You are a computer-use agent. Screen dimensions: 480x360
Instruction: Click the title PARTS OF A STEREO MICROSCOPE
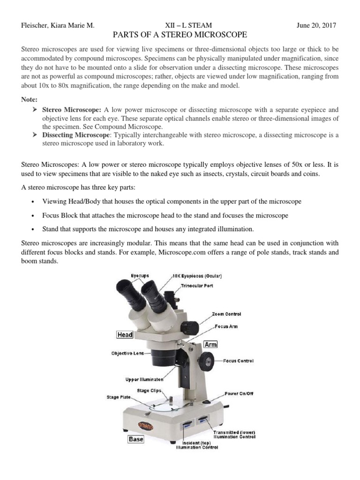pos(180,35)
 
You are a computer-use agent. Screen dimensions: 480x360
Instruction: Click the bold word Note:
pos(30,100)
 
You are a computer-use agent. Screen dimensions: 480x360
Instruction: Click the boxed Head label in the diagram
pos(125,335)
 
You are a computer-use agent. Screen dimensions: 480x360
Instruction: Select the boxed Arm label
pos(210,345)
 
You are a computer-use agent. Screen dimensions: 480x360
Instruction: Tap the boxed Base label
pos(136,439)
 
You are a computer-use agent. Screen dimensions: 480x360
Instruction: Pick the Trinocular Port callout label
pos(197,285)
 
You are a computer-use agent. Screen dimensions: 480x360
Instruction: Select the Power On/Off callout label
pos(239,394)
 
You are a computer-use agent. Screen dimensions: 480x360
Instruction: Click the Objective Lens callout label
pos(127,353)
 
